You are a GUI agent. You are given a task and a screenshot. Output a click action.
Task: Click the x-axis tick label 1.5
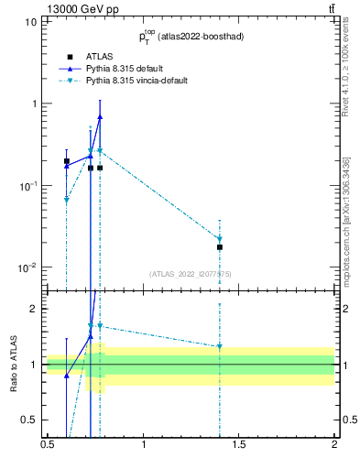(x=239, y=453)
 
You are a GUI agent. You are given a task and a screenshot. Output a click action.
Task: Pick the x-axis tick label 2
(x=334, y=453)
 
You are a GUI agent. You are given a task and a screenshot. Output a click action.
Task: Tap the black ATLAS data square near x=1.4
(x=220, y=247)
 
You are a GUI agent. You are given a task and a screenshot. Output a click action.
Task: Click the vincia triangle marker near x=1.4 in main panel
(x=220, y=239)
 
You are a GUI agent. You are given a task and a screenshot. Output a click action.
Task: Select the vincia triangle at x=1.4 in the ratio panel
(x=220, y=346)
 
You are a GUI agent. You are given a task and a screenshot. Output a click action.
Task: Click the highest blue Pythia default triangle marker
(x=100, y=116)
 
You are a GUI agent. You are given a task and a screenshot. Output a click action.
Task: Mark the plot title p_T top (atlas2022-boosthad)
(x=190, y=37)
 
